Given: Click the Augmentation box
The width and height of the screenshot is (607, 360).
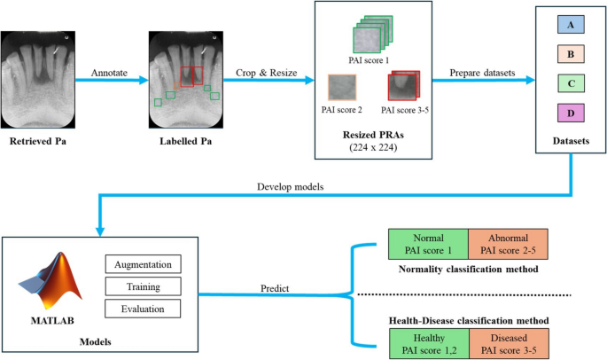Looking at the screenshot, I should click(143, 265).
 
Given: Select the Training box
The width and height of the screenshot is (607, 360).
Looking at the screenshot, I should click(143, 286).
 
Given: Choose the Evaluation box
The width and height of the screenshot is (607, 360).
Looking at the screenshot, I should click(143, 309).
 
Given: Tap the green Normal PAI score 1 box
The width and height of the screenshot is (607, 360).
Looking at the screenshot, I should click(428, 243).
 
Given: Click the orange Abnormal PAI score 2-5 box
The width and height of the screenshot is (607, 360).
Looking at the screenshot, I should click(508, 243).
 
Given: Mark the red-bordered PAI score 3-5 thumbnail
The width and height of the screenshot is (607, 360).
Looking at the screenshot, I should click(403, 87).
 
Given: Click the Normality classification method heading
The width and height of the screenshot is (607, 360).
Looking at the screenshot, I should click(468, 267).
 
